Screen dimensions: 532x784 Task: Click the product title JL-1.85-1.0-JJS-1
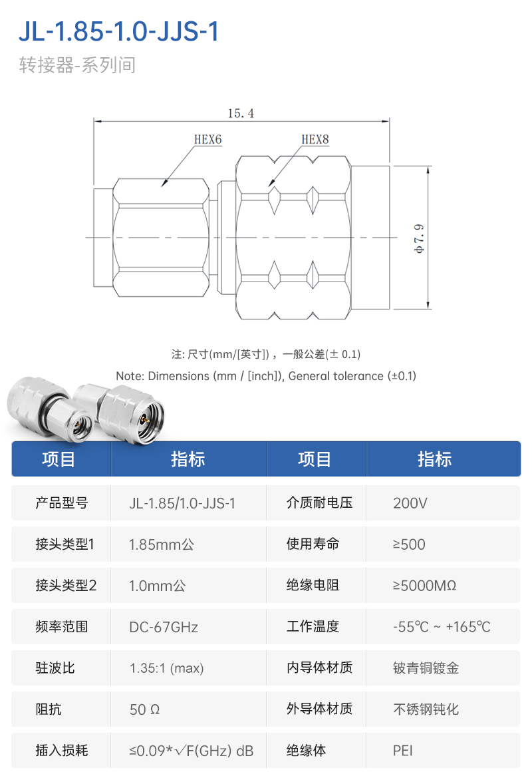(x=119, y=31)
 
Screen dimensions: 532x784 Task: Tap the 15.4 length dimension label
(x=241, y=114)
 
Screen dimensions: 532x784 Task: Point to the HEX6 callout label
(x=207, y=140)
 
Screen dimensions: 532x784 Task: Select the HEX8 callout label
(x=315, y=140)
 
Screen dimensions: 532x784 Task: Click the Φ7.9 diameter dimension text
(x=419, y=238)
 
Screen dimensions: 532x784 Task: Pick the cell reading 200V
(x=410, y=503)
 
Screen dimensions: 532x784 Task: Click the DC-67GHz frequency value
(x=164, y=627)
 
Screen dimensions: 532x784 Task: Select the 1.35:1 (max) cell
(x=166, y=668)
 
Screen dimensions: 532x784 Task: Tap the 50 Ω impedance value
(x=144, y=709)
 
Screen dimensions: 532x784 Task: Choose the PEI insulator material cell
(x=402, y=751)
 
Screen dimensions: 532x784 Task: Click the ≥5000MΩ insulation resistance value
(x=424, y=586)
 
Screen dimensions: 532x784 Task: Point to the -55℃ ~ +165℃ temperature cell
(x=442, y=627)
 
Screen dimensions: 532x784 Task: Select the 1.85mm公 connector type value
(x=162, y=544)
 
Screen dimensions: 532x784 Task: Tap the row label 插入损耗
(x=61, y=750)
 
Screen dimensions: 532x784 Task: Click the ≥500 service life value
(x=409, y=544)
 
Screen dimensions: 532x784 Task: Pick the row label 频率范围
(x=61, y=626)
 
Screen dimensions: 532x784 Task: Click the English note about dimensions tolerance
(x=266, y=376)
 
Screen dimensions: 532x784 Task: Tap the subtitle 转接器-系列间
(x=77, y=65)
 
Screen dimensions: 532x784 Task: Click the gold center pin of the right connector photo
(x=146, y=421)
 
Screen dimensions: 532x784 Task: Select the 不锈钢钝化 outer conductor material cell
(x=426, y=709)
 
